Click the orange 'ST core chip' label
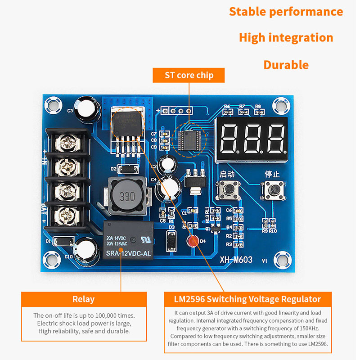coord(189,75)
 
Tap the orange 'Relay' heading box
coord(84,299)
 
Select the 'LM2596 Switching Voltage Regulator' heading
coord(247,299)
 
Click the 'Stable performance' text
coord(286,12)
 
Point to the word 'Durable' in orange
coord(286,65)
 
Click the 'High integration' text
coord(286,38)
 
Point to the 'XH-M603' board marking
coord(236,260)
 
